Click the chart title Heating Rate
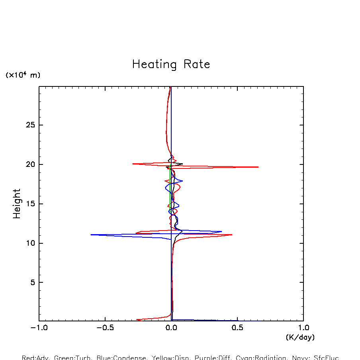[171, 64]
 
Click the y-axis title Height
[17, 203]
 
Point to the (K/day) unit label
[300, 337]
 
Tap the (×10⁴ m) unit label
[23, 75]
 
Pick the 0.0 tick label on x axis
[171, 328]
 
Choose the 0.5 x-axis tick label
[237, 328]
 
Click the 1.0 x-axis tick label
[303, 328]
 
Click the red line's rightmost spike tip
[258, 167]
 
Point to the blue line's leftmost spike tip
[91, 235]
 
